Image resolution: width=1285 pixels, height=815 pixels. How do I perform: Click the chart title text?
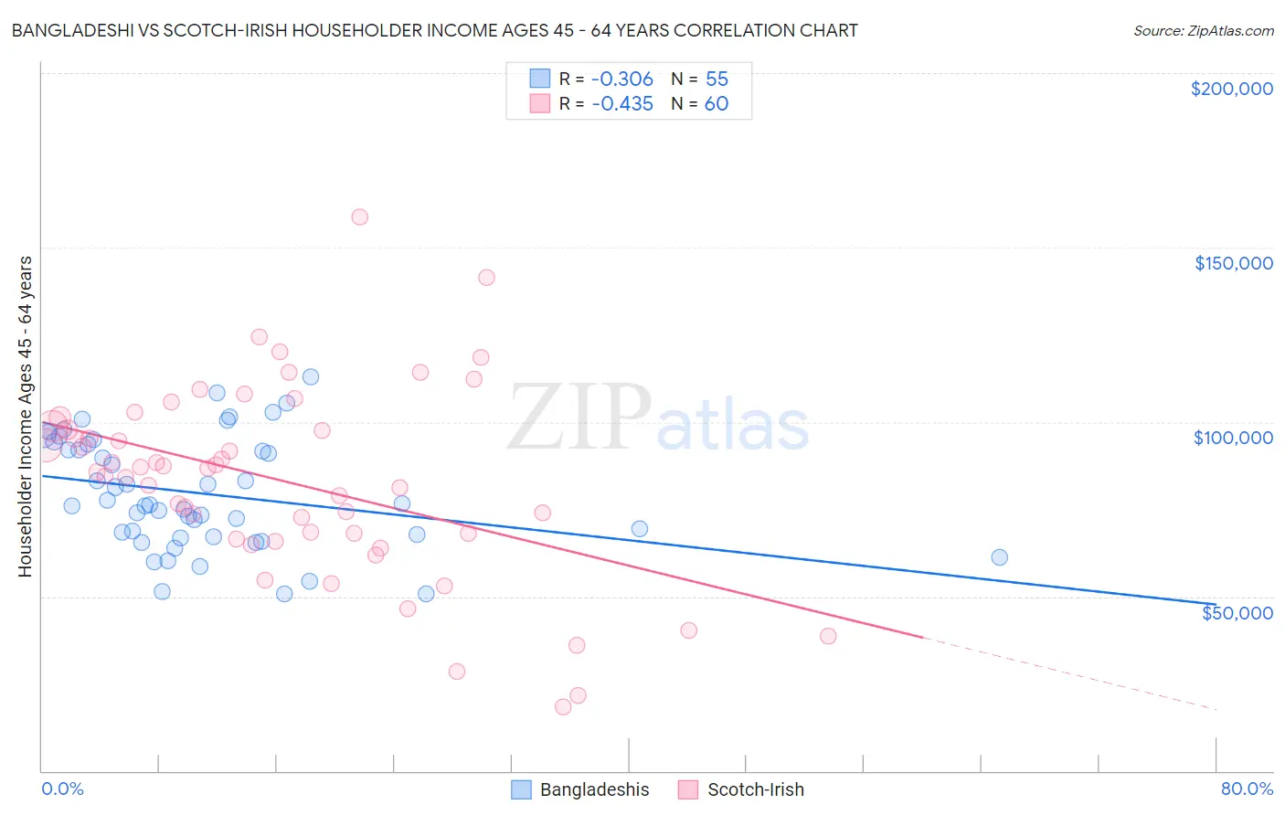pos(434,31)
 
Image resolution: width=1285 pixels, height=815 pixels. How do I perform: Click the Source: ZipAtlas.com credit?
pos(1203,31)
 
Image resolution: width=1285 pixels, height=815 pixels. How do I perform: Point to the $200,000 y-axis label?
pos(1231,89)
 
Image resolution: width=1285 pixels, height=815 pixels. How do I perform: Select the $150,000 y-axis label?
pos(1233,263)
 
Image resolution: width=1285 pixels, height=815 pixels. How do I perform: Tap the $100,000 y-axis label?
pos(1233,438)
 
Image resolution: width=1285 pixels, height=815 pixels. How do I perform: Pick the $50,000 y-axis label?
pos(1237,612)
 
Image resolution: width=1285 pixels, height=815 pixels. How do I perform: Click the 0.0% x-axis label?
pos(62,789)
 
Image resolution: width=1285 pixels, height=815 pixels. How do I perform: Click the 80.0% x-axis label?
pos(1247,789)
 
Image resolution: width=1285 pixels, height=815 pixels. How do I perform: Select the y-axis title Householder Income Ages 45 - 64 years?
pos(26,416)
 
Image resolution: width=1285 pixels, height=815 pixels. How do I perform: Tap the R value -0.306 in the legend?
pos(622,79)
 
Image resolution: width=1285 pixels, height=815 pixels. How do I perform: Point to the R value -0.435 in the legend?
pos(622,104)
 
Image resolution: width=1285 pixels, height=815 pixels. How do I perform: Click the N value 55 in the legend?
pos(717,79)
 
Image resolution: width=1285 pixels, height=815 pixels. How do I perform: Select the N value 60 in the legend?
pos(717,104)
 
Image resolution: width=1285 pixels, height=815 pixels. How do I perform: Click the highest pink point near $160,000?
pos(359,217)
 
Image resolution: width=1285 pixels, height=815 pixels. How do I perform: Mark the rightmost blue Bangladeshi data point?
pos(999,557)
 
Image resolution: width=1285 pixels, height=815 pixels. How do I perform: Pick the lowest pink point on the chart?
pos(563,706)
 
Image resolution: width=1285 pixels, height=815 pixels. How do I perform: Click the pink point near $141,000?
pos(486,278)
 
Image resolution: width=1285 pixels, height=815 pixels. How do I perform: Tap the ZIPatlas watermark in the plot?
pos(658,418)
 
